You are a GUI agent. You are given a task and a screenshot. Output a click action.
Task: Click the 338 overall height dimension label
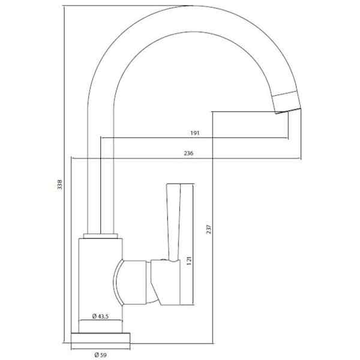coord(59,184)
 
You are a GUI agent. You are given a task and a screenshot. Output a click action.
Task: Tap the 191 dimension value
coord(194,133)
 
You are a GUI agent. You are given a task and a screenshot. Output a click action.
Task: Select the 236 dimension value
coord(188,153)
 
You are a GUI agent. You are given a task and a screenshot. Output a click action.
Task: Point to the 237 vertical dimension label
coord(209,229)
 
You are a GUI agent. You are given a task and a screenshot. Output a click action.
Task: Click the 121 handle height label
coord(189,261)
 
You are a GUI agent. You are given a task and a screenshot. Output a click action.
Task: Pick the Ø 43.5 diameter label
coord(100,316)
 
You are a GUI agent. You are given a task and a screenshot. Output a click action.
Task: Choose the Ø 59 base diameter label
coord(100,355)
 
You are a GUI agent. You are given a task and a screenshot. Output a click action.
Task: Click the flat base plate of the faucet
coord(101,338)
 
